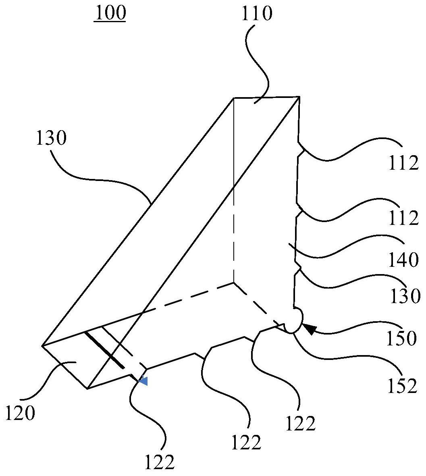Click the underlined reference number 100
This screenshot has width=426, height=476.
[x=110, y=13]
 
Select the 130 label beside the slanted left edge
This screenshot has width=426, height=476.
[x=51, y=139]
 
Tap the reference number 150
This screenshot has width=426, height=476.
[x=401, y=339]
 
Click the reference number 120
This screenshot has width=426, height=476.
[x=21, y=413]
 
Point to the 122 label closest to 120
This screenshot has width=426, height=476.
[x=160, y=462]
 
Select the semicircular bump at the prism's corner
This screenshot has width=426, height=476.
[x=296, y=321]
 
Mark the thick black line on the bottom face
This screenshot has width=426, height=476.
[x=104, y=350]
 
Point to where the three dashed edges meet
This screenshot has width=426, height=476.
[x=234, y=283]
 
